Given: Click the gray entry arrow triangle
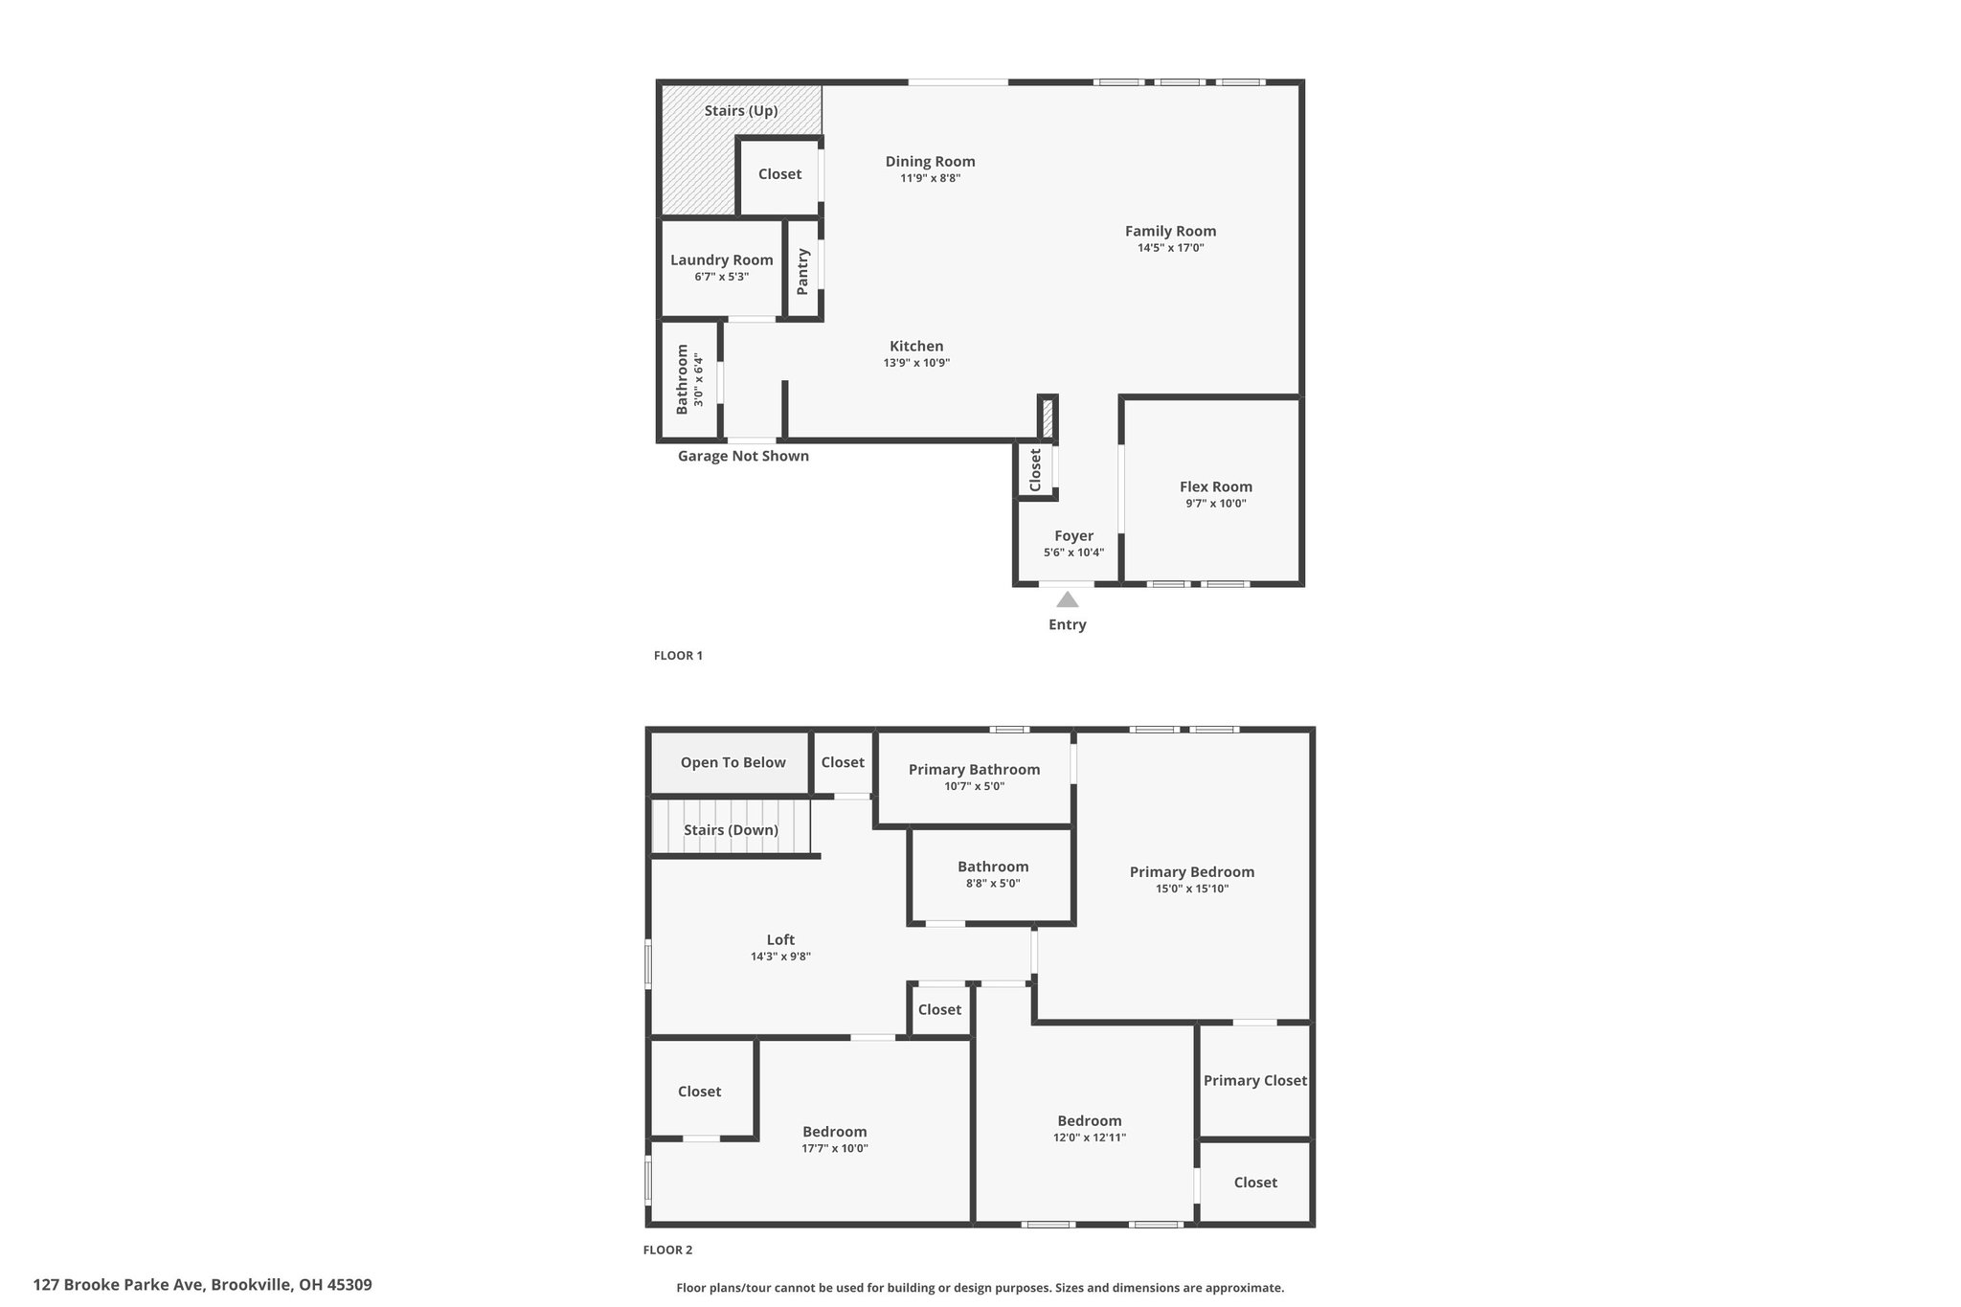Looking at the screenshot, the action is tap(1067, 599).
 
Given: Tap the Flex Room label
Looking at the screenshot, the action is tap(1216, 486).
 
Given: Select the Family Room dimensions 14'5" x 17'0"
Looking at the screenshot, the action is tap(1170, 248).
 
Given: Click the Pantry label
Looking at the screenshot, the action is tap(802, 271).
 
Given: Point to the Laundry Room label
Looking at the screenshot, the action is tap(722, 259).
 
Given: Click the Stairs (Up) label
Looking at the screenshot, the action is tap(741, 111).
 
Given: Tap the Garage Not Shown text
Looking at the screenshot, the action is tap(743, 456).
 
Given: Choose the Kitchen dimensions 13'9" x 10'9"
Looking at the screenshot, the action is tap(916, 363).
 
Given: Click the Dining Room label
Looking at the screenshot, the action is tap(931, 162).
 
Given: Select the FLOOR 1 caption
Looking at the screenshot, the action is tap(678, 656).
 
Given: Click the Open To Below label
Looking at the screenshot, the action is tap(733, 762).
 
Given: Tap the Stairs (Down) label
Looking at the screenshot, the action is tap(732, 830).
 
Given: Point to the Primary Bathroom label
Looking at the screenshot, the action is tap(974, 770).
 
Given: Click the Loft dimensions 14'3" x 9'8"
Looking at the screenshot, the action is tap(780, 957).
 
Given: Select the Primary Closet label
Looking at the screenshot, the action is tap(1255, 1081).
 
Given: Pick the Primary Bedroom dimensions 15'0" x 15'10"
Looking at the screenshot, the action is tap(1192, 889).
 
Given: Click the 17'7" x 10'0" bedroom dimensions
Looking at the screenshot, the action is tap(835, 1149).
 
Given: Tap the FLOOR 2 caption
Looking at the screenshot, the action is tap(667, 1250).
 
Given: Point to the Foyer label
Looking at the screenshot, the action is tap(1073, 536).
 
